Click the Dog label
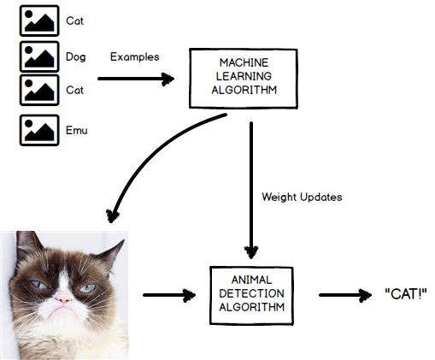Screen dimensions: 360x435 point(75,57)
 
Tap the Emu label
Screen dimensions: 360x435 point(76,131)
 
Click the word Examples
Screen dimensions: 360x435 point(135,57)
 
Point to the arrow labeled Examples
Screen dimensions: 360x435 point(136,79)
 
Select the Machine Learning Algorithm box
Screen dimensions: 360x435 point(242,79)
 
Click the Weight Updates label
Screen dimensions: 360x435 point(301,198)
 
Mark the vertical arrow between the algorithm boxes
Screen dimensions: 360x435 point(251,188)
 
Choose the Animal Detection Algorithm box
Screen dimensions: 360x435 point(252,295)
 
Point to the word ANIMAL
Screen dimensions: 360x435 point(252,281)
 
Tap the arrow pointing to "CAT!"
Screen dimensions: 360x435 point(345,296)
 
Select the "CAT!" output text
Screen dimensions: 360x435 point(405,295)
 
